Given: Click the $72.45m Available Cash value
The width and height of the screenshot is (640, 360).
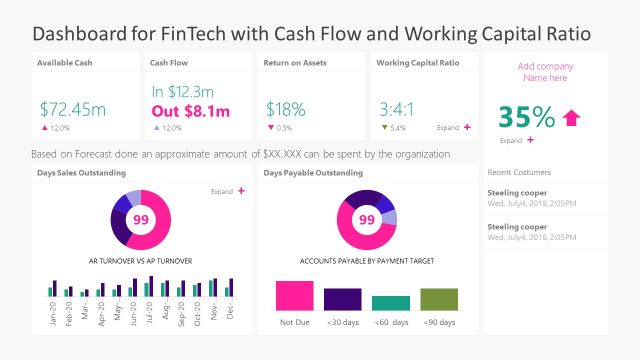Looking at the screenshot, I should pos(73,107).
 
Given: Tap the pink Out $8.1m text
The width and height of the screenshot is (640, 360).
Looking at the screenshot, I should pos(190,112).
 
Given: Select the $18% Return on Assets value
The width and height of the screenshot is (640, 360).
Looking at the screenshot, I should pos(285,108).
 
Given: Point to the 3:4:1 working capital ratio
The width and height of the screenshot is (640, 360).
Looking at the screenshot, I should pos(397,108).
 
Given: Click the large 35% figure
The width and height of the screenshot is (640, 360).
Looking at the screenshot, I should pos(526,118).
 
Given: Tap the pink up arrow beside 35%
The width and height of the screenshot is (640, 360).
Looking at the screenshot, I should pos(571,118).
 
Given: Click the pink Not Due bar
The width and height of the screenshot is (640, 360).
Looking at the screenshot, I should pos(294,295).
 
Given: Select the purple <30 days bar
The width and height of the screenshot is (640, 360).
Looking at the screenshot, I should pos(342,299).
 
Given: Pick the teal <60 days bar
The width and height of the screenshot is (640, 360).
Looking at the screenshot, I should pos(390,303).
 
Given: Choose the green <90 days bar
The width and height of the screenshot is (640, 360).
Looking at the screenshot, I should pos(438,299).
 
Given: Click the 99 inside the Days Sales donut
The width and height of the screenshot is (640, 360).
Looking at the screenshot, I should pos(141,219).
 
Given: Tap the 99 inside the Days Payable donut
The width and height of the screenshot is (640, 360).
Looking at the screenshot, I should pos(366,219).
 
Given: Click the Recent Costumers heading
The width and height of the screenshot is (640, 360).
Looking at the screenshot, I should pos(519,172).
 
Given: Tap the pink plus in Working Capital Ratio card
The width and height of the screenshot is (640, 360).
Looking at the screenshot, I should pos(467,128).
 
